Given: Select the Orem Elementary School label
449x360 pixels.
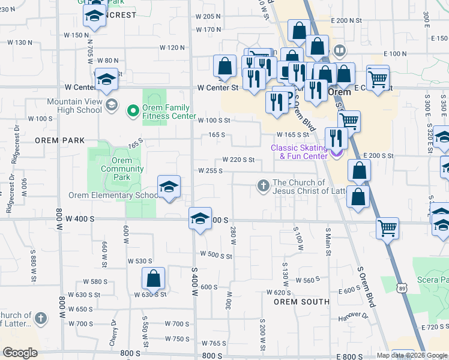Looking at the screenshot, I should (113, 195).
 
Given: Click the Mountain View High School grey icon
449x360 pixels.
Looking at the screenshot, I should (111, 106).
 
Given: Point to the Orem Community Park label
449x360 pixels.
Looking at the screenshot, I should (115, 169).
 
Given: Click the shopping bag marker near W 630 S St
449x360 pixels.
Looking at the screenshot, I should (153, 279).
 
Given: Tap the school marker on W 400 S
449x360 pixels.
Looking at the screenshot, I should (200, 219).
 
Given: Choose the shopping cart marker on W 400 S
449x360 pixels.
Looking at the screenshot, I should (387, 228).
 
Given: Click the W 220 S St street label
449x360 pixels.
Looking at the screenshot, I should (239, 160).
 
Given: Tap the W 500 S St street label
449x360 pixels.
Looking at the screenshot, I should (216, 256).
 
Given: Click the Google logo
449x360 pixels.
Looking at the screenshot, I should (20, 353).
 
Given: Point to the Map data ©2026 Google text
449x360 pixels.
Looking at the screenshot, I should (412, 355).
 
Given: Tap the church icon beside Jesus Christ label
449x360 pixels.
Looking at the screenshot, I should (263, 186).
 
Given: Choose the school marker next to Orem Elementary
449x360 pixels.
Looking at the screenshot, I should (169, 187).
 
